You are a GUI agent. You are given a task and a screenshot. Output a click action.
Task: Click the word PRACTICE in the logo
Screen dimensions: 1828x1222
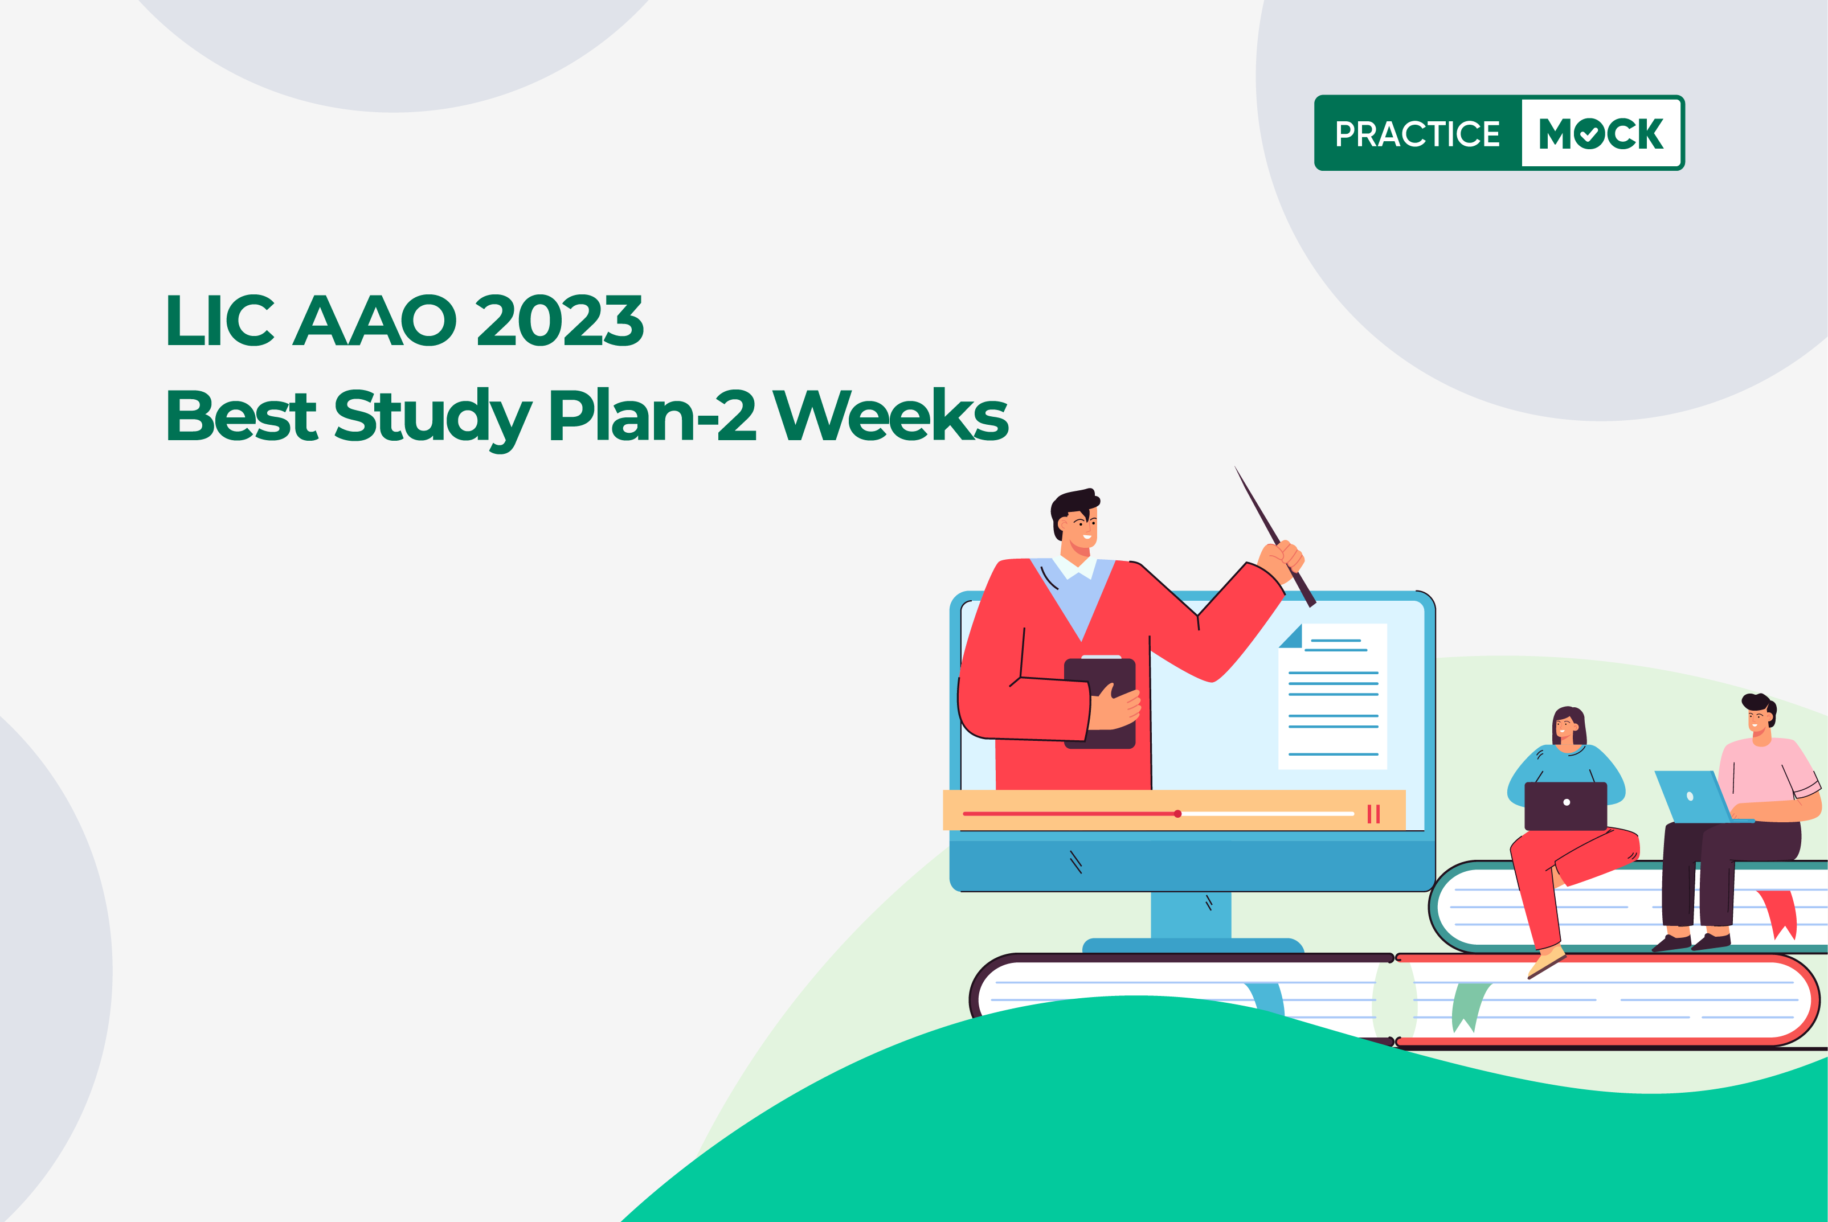coord(1417,134)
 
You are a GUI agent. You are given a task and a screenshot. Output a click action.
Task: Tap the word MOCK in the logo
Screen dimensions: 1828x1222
coord(1601,134)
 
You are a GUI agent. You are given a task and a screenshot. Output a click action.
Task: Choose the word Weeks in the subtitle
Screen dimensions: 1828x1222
coord(890,415)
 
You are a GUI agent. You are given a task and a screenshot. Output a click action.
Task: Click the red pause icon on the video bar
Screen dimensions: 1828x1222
coord(1373,814)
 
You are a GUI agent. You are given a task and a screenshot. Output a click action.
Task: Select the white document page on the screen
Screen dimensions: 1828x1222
coord(1333,696)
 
